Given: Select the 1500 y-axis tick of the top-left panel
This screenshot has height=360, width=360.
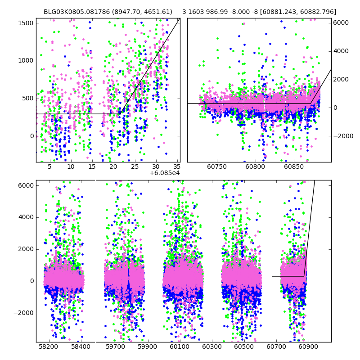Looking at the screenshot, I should point(25,22).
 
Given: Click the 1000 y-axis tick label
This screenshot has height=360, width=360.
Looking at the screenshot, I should point(25,60).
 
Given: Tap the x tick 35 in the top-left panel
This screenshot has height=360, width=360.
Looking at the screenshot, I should point(177,166).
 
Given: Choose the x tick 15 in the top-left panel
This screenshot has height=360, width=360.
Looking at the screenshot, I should point(92,166).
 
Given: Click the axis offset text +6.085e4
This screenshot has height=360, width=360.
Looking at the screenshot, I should point(164,173).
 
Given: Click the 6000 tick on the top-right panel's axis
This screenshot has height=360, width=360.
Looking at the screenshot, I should point(341,22).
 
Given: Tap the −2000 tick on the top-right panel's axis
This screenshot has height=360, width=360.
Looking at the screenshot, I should point(342,136).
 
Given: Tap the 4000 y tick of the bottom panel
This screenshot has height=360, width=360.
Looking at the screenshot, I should point(25,217).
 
